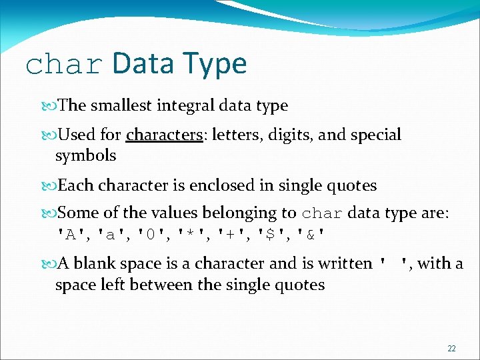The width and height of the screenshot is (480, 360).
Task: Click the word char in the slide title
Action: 65,65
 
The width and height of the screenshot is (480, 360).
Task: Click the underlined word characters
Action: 164,135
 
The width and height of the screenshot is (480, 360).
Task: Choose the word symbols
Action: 85,156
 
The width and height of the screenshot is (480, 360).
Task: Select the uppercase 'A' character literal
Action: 71,235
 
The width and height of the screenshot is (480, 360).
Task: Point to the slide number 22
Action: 451,348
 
